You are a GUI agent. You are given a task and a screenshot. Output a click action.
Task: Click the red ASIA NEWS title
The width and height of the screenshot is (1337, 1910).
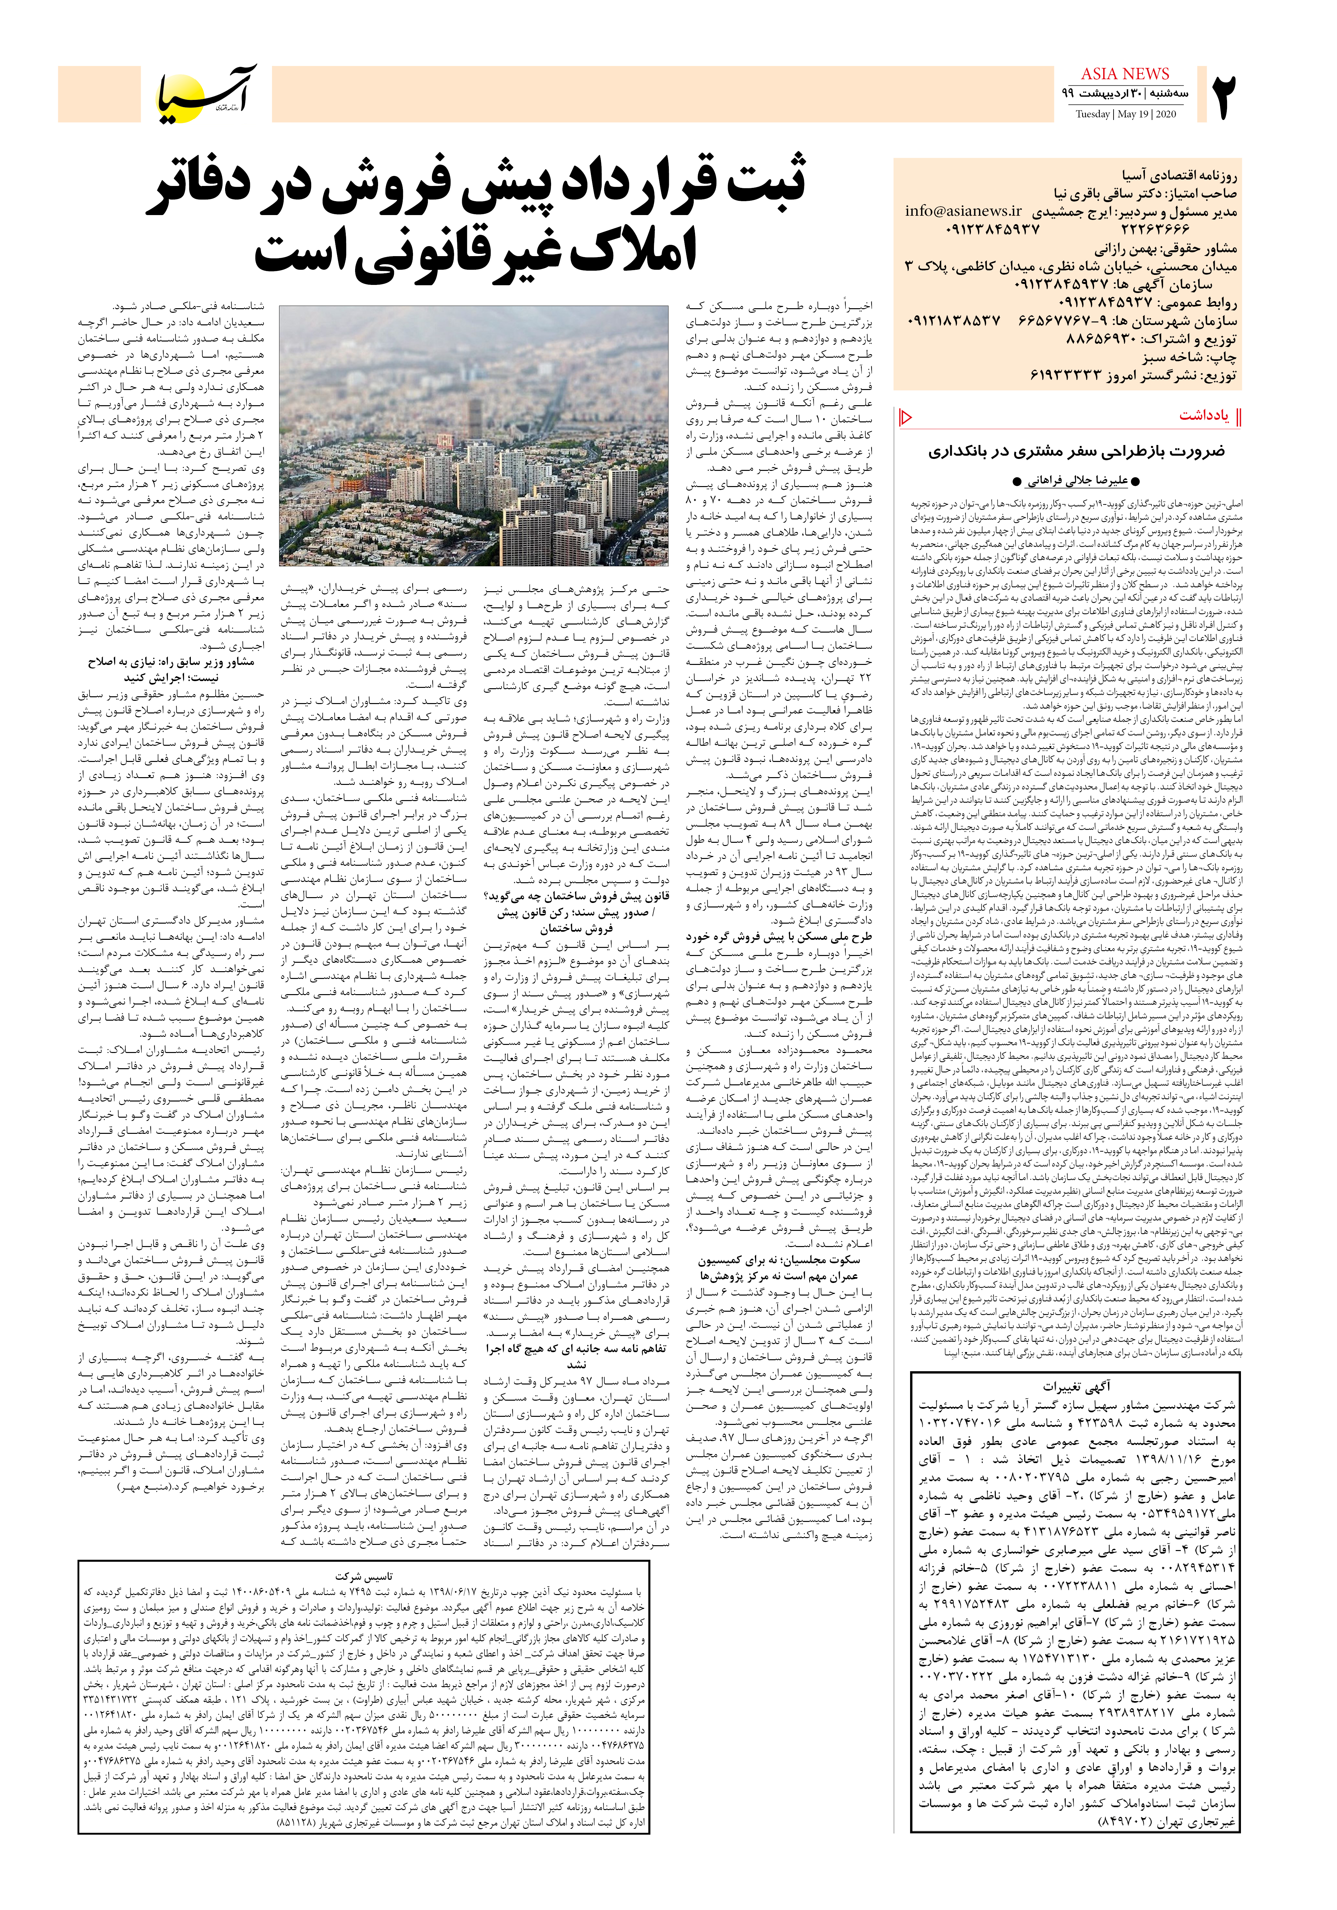(1125, 74)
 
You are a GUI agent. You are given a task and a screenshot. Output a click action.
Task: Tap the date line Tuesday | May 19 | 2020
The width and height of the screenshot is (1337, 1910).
(1125, 114)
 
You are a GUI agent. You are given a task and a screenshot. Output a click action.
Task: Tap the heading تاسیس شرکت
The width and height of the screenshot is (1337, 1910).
(364, 1577)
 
